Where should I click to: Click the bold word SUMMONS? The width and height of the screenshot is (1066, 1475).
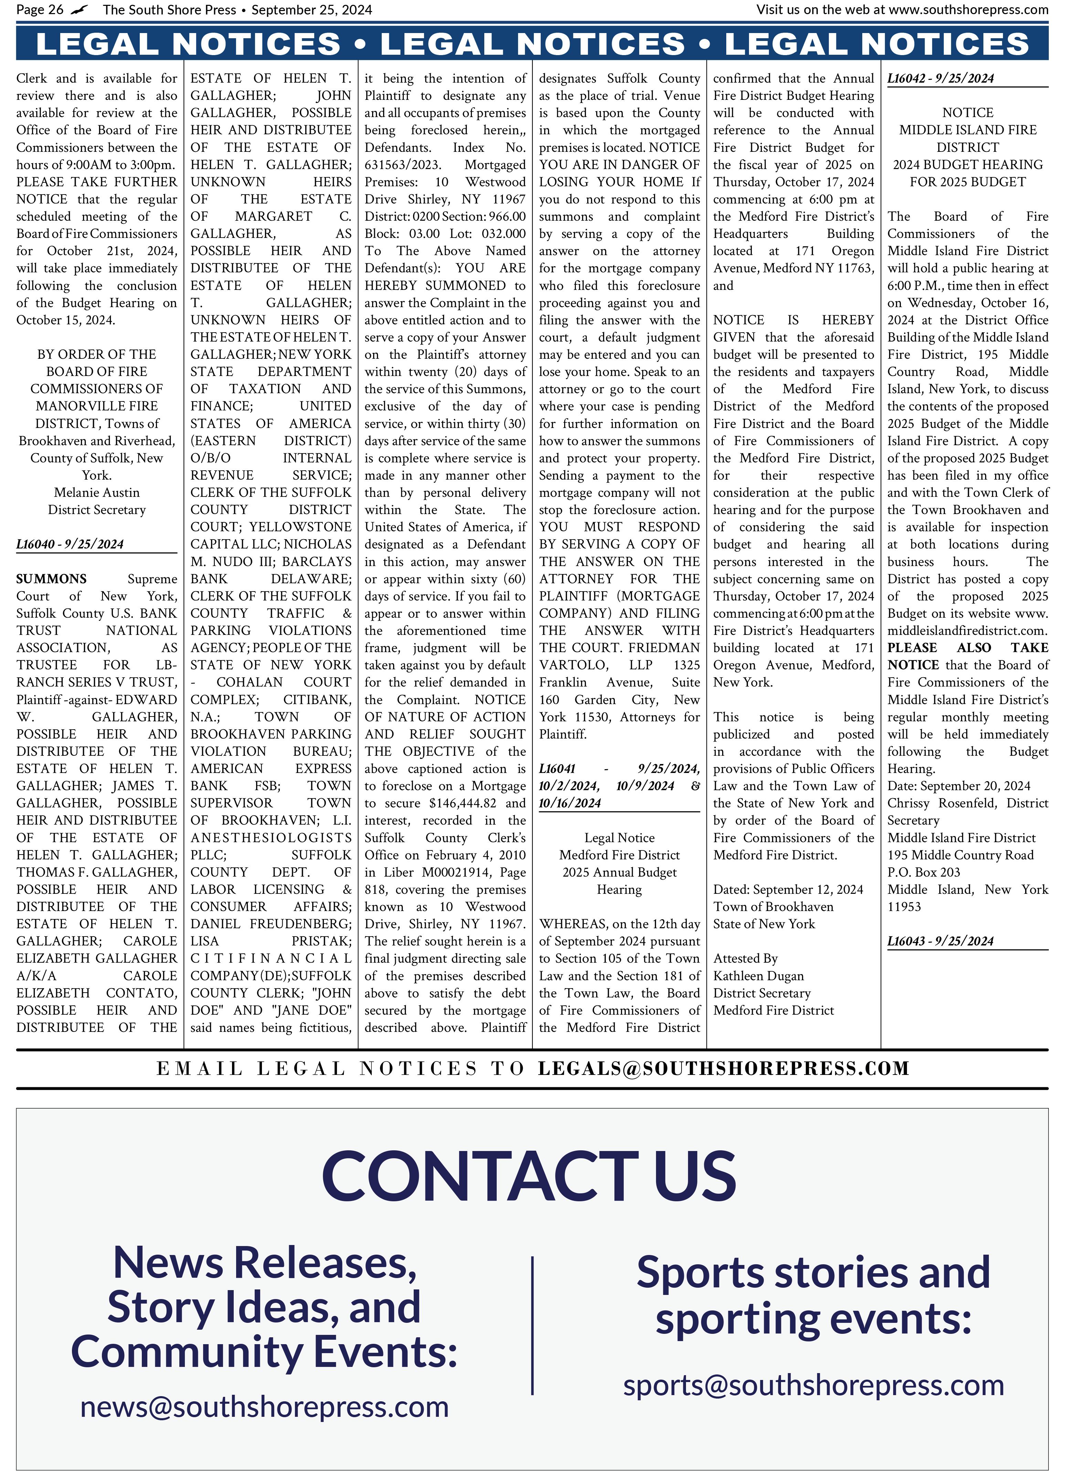[51, 579]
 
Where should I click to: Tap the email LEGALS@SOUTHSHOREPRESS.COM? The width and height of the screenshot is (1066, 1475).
[723, 1068]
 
